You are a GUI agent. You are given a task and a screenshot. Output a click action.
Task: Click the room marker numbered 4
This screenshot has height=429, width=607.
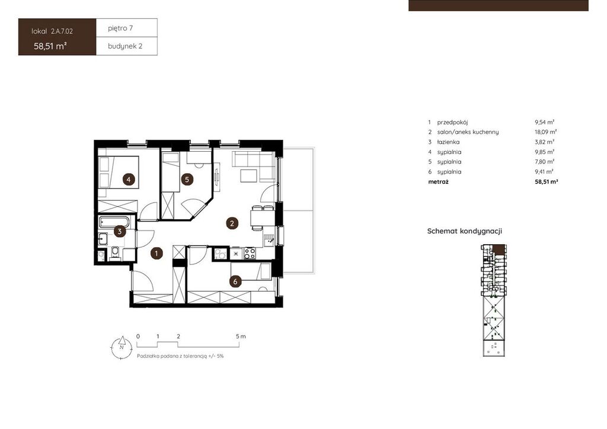tap(129, 180)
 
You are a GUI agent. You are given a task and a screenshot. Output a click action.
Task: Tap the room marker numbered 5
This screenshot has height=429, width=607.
tap(187, 180)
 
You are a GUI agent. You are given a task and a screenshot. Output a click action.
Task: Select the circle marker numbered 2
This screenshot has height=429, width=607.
tap(232, 223)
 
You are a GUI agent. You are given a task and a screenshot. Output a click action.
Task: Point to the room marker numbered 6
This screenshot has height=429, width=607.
tap(235, 281)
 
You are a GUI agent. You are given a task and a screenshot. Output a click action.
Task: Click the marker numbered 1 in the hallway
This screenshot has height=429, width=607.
tap(156, 254)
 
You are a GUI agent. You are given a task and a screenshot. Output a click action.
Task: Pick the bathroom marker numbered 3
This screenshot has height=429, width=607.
tap(120, 232)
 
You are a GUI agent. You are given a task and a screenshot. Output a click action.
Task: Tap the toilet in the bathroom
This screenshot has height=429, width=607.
tap(115, 253)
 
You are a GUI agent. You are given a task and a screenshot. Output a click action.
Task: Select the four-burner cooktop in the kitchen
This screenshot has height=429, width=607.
tap(250, 254)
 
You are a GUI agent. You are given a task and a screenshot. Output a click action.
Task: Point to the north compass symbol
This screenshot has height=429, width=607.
tap(122, 347)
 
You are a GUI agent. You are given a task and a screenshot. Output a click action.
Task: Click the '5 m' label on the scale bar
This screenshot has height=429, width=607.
tap(241, 337)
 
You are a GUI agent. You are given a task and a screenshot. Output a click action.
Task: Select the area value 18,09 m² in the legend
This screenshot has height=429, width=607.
tap(545, 132)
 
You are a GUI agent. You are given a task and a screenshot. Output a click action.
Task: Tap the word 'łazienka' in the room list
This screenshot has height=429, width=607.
tap(448, 142)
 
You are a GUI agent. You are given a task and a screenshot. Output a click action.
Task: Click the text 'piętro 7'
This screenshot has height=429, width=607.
tap(120, 28)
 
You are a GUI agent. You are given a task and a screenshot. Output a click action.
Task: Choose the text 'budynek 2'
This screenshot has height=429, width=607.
tap(125, 46)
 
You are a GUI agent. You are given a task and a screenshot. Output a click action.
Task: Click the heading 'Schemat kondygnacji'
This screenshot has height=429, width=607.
tap(465, 231)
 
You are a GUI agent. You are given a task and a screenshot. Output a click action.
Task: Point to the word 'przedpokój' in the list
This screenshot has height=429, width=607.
tap(452, 122)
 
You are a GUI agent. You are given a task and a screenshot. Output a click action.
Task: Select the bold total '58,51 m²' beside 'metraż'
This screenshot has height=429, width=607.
tap(546, 181)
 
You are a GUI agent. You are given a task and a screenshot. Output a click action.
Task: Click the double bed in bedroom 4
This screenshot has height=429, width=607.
tap(119, 172)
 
